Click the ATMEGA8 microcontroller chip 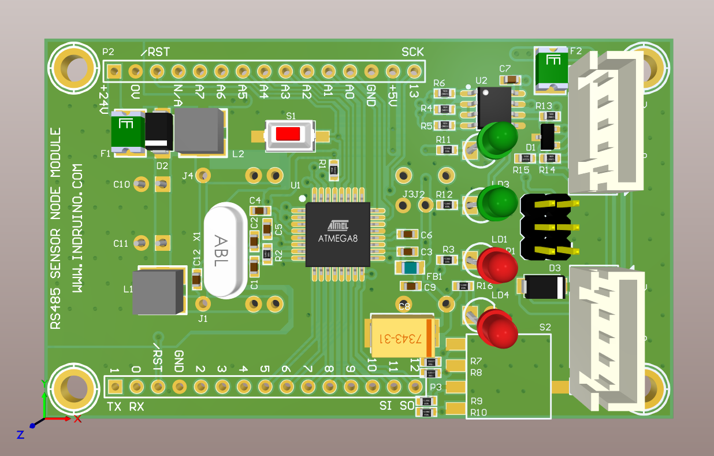click(x=338, y=234)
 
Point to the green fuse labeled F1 click(x=127, y=132)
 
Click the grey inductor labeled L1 click(x=154, y=292)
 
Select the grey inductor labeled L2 click(x=199, y=132)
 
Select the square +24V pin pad click(x=114, y=72)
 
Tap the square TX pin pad click(x=115, y=386)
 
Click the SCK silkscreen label click(x=412, y=52)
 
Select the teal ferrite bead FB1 click(x=410, y=268)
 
